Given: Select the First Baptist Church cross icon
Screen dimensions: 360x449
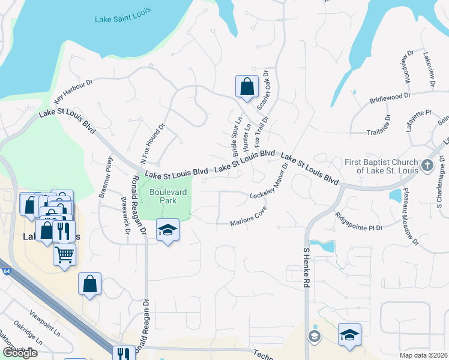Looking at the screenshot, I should (x=427, y=165).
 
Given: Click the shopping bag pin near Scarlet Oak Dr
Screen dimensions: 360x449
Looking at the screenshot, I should (x=247, y=87).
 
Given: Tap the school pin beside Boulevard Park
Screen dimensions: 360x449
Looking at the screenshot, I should (x=168, y=230).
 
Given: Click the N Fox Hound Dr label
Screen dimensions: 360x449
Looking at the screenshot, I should (x=151, y=145).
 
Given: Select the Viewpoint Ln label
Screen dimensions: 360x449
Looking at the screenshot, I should (x=44, y=322).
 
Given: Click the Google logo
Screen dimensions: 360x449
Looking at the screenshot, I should (x=20, y=352).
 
